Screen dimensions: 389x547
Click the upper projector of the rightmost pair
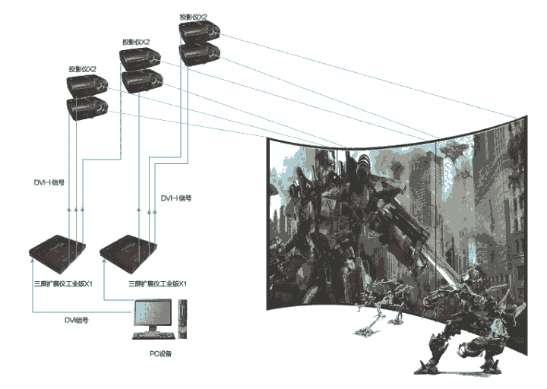point(200,31)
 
